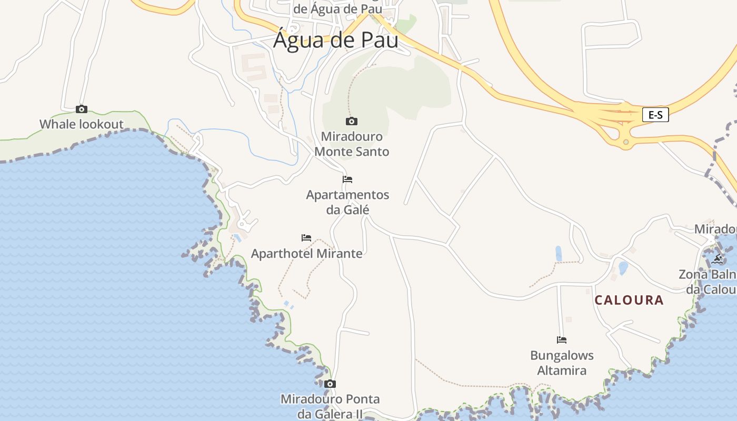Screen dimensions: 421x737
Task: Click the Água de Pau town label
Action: point(335,40)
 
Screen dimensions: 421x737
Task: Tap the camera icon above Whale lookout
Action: point(81,109)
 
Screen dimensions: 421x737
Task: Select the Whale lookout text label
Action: point(81,125)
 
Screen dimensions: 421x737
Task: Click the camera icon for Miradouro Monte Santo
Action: point(351,122)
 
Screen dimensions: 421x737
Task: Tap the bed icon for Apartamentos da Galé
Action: point(347,179)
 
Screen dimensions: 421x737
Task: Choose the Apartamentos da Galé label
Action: point(347,202)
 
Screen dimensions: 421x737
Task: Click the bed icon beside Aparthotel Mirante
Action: point(306,238)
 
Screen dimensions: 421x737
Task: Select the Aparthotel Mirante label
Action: point(307,254)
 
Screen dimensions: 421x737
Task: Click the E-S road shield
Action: point(655,115)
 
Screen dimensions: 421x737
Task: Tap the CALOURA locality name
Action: point(629,300)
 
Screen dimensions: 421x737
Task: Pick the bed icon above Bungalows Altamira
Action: point(562,340)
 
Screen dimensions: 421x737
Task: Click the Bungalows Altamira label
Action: point(562,363)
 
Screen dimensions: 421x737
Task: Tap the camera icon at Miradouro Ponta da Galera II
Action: point(330,384)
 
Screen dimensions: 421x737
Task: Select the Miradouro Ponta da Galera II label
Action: point(330,406)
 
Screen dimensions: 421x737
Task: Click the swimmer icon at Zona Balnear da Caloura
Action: point(717,259)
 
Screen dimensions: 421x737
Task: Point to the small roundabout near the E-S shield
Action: point(625,142)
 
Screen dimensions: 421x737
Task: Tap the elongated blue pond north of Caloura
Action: point(559,254)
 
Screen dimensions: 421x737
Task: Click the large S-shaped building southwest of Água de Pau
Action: point(254,66)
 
